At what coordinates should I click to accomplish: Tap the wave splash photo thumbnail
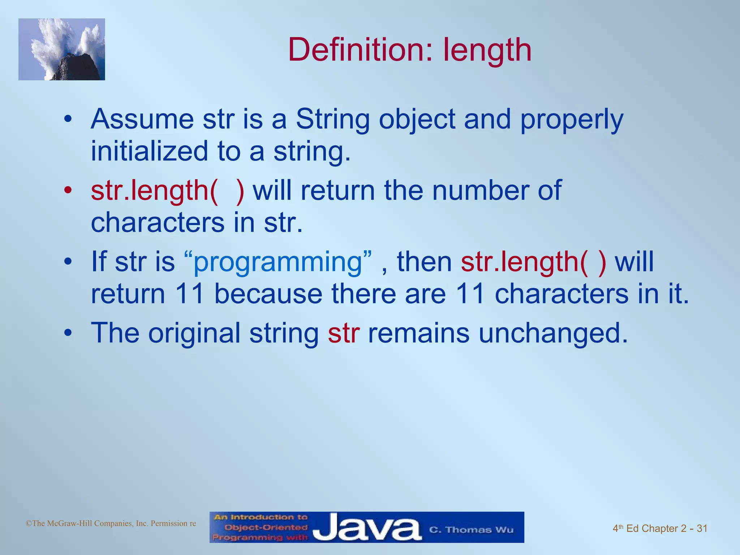(x=62, y=50)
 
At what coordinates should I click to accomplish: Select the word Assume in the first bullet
(x=142, y=119)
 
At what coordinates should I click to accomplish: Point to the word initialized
(x=149, y=151)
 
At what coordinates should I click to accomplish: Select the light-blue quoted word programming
(x=277, y=262)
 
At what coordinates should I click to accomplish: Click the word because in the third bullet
(x=268, y=293)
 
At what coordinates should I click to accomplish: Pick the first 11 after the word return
(x=190, y=293)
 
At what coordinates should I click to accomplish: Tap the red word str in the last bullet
(x=343, y=333)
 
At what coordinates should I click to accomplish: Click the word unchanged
(x=553, y=333)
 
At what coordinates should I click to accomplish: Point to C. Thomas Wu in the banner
(x=471, y=530)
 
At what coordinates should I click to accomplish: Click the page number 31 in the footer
(x=702, y=529)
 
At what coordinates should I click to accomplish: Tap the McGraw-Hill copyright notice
(x=111, y=523)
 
